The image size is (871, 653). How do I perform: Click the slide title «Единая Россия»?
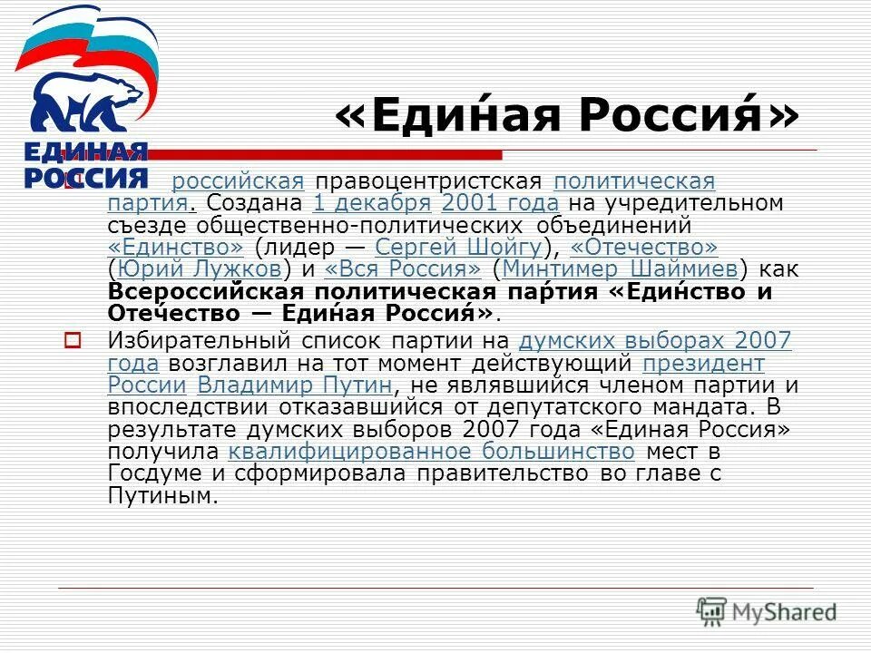tap(568, 115)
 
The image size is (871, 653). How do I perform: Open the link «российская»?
tap(237, 181)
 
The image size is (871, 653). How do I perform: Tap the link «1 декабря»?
tap(371, 203)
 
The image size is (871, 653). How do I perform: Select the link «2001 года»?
tap(500, 203)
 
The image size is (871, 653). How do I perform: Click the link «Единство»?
tap(176, 247)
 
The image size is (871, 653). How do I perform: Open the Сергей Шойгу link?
tap(458, 247)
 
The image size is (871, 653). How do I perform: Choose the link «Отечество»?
tap(644, 247)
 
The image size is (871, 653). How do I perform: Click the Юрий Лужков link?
tap(197, 268)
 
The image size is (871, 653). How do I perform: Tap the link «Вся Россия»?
tap(402, 268)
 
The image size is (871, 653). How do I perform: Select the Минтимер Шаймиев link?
tap(620, 268)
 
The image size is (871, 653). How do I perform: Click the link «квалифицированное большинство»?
tap(431, 450)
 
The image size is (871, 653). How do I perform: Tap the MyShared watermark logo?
tap(766, 610)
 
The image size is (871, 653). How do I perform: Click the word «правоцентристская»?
tap(427, 181)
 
